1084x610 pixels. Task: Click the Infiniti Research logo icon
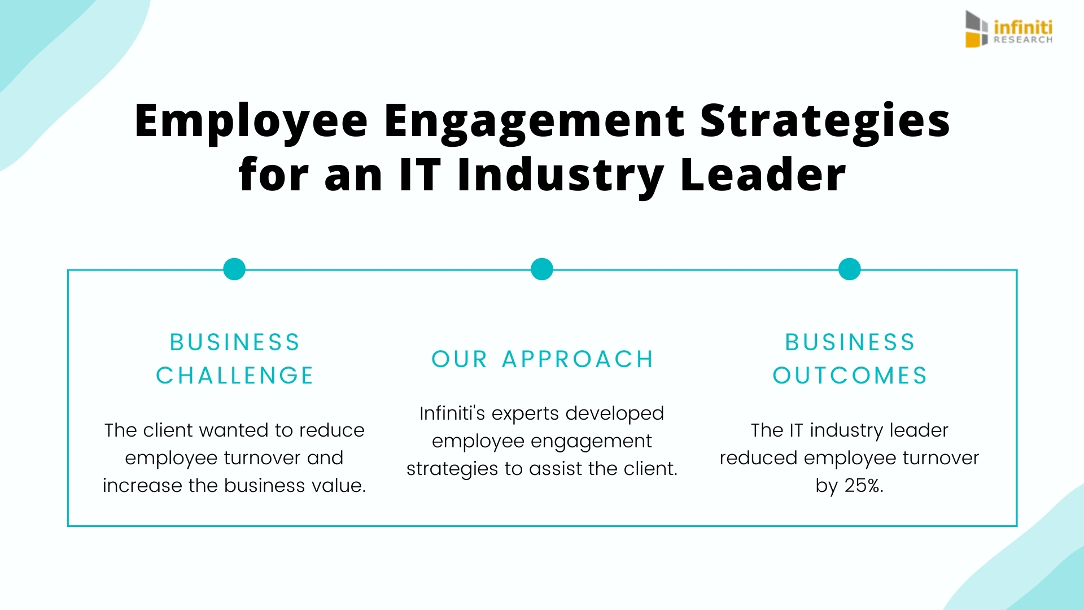[977, 29]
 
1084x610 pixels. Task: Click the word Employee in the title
[251, 122]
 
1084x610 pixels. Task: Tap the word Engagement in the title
[535, 122]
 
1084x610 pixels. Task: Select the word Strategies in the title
[825, 122]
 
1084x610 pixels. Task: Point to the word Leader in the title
[763, 175]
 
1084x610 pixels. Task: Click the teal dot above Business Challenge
[234, 269]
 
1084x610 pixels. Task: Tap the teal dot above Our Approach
[542, 269]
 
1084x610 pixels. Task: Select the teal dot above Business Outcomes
[850, 269]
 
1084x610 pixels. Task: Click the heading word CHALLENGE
[235, 376]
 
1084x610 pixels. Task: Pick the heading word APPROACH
[578, 359]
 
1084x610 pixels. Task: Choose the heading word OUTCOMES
[850, 376]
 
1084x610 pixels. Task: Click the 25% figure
[863, 485]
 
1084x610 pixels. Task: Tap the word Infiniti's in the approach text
[452, 413]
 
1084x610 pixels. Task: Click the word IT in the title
[419, 175]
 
